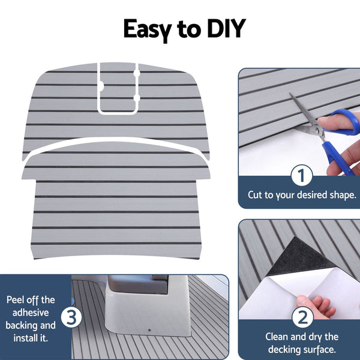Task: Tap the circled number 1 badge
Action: [x=302, y=176]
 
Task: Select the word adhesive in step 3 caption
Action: [x=31, y=313]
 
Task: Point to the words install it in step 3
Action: [x=31, y=338]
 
